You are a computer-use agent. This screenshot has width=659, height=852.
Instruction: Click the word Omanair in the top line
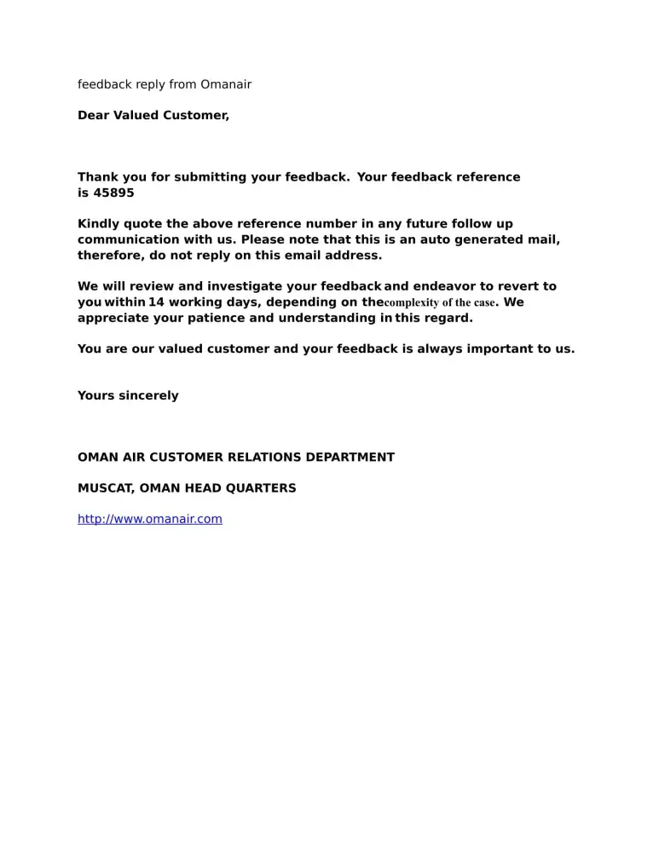[x=226, y=84]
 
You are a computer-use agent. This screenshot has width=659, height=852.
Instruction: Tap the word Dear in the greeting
[x=94, y=115]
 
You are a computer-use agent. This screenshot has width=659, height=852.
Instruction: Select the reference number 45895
[x=113, y=193]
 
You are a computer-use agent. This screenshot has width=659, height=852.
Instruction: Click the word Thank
[x=98, y=177]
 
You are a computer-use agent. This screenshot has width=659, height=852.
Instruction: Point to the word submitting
[x=210, y=177]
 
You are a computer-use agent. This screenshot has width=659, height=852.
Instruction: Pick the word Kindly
[x=99, y=224]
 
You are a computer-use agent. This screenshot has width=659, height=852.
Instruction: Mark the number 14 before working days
[x=156, y=302]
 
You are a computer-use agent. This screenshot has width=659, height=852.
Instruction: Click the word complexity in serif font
[x=414, y=302]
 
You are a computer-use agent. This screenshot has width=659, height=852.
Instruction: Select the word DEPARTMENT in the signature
[x=350, y=458]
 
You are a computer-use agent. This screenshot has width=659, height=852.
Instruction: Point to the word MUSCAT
[x=102, y=488]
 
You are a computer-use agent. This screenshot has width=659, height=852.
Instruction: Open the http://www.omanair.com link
[x=150, y=519]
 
